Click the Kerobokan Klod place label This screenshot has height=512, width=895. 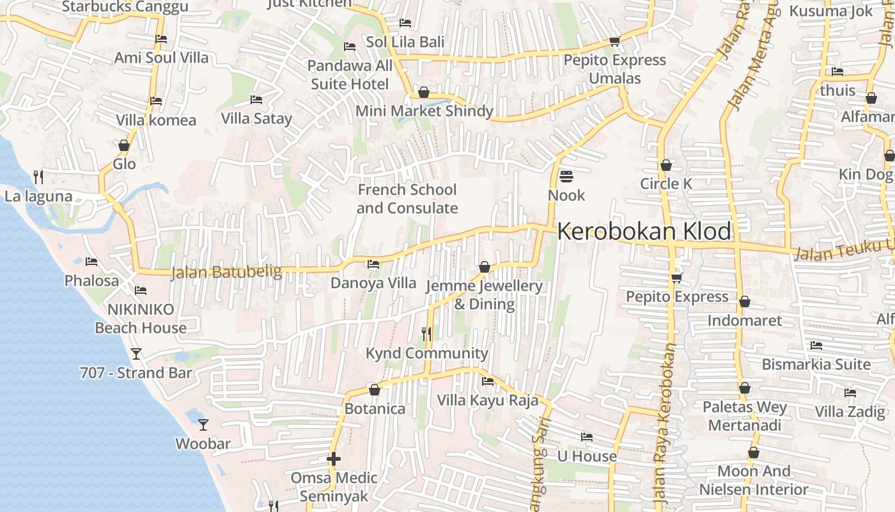(x=644, y=232)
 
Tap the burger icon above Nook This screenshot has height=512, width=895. (x=566, y=175)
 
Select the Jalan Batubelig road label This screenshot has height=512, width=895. (x=226, y=273)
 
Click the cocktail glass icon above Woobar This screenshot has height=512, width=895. (x=203, y=424)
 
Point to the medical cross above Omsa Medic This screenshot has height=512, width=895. (x=333, y=459)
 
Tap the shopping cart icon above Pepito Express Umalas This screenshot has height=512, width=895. (x=614, y=42)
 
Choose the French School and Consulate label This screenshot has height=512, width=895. (x=407, y=199)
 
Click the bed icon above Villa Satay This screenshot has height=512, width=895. (x=256, y=100)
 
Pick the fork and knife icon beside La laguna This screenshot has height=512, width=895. (x=38, y=176)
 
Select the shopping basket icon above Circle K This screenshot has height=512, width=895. (x=666, y=165)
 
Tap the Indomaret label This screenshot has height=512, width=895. (x=744, y=320)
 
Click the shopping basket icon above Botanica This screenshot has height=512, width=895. (x=375, y=390)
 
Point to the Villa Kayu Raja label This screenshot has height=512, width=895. (x=487, y=401)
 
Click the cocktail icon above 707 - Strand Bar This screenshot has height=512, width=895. (x=136, y=353)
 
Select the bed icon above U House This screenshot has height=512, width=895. (x=587, y=437)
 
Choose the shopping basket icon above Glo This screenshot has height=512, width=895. (x=124, y=145)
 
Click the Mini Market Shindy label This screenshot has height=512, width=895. (x=424, y=111)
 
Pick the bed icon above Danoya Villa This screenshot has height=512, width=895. (x=373, y=264)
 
